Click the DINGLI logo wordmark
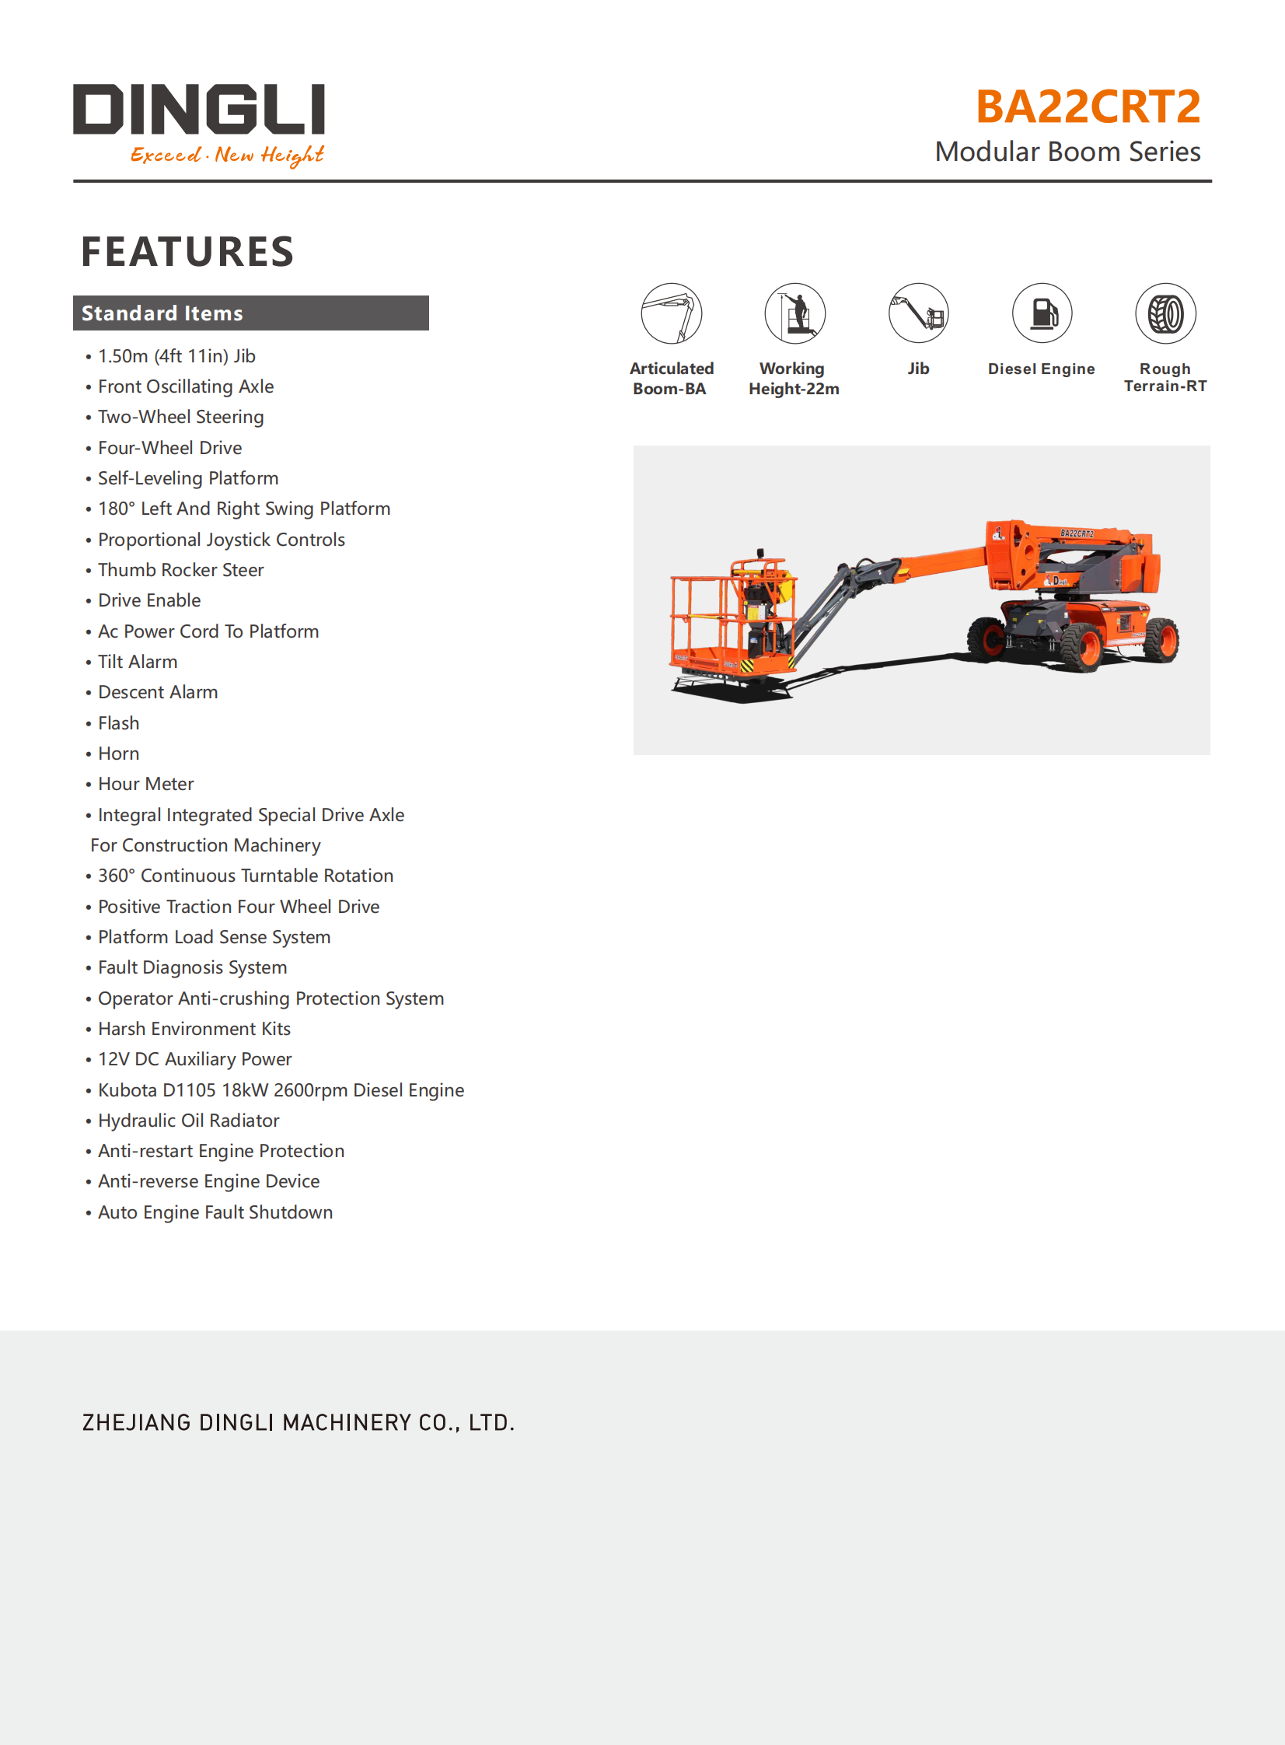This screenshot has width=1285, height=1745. click(198, 109)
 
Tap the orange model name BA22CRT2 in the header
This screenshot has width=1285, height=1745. click(1088, 107)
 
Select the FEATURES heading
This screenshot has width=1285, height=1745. click(187, 252)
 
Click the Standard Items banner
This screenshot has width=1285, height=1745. click(250, 313)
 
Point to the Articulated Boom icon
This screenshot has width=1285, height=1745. click(672, 313)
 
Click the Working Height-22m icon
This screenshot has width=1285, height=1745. click(794, 313)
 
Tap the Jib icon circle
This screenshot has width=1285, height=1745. click(918, 313)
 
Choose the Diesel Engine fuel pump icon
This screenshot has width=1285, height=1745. click(1042, 313)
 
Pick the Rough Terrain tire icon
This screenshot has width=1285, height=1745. click(1165, 313)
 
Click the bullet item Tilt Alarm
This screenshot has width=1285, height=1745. click(138, 662)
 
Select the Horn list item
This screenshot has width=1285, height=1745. click(119, 754)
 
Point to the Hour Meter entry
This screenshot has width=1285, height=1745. click(145, 784)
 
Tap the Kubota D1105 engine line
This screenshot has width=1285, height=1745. click(281, 1091)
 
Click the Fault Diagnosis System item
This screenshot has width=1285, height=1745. click(192, 968)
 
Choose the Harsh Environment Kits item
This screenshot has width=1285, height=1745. click(194, 1030)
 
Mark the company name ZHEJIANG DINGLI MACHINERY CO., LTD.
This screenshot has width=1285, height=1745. click(298, 1423)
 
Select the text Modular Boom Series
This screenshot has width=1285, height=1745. click(1067, 152)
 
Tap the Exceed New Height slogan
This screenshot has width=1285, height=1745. click(226, 155)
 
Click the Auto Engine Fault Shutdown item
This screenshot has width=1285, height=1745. click(215, 1213)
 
